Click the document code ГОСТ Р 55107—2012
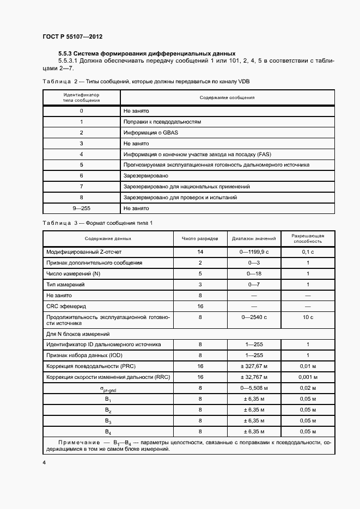[72, 37]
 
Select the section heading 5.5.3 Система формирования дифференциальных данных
[147, 53]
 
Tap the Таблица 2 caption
[145, 81]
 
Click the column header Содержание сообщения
[227, 97]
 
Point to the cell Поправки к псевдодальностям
[162, 121]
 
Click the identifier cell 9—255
[81, 208]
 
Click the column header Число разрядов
[200, 238]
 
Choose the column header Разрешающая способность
[308, 238]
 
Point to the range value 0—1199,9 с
[254, 252]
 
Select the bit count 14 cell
[200, 252]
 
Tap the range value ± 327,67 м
[254, 366]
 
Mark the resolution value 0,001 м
[308, 377]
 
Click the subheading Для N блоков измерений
[77, 333]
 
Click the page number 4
[44, 462]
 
